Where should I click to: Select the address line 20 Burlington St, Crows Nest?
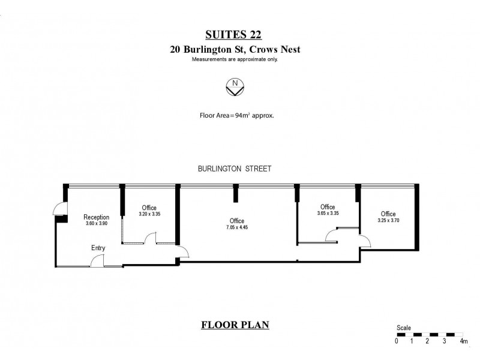pos(235,50)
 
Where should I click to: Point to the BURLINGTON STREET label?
pos(235,169)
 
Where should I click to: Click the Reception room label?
pos(96,217)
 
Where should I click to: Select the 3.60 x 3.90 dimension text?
pos(96,224)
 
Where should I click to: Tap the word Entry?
pos(98,248)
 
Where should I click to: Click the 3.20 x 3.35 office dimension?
pos(149,214)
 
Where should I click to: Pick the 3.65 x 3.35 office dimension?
pos(328,213)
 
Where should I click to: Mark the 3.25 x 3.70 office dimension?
pos(388,220)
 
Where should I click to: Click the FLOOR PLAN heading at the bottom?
pos(235,325)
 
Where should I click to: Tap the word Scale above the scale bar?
pos(403,328)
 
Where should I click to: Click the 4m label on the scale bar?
pos(463,341)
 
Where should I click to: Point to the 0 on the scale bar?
pos(397,341)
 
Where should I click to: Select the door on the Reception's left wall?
pos(59,208)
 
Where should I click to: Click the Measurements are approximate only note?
pos(235,59)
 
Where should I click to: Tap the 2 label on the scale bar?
pos(427,341)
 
